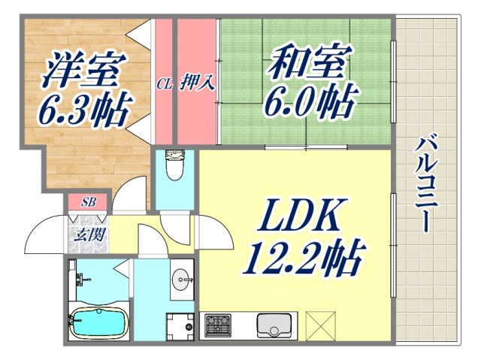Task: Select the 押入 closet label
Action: (x=198, y=82)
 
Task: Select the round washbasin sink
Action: (x=183, y=281)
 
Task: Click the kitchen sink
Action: (x=273, y=327)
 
